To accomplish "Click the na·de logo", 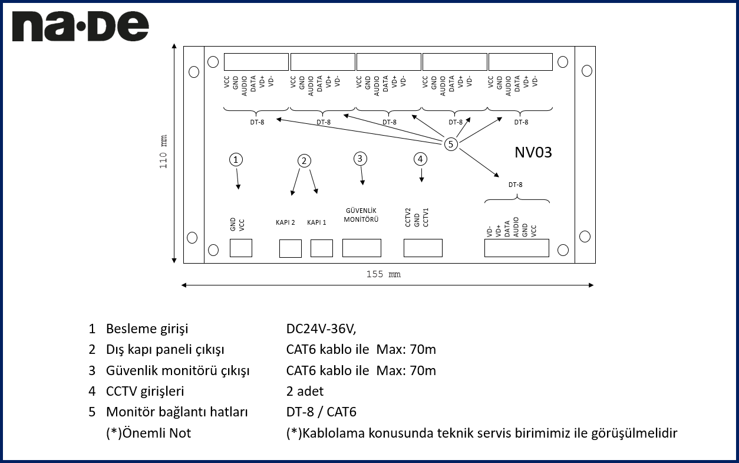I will tap(80, 27).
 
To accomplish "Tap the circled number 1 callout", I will tap(236, 159).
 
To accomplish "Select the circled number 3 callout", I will tap(360, 158).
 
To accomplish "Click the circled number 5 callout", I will tap(451, 144).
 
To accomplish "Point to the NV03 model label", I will tap(533, 152).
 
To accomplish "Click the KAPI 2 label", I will tap(285, 222).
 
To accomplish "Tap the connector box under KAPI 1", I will tap(322, 248).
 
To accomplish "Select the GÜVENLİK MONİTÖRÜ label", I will tap(361, 215).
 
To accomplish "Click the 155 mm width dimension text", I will tap(384, 274).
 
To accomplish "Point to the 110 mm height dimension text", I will tap(163, 153).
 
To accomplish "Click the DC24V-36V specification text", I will tap(321, 329).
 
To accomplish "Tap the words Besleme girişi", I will tap(147, 329).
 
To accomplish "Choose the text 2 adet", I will tap(305, 391).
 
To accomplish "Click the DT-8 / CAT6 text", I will tap(321, 412).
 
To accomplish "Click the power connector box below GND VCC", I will tap(240, 248).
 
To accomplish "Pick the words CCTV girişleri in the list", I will tap(145, 391).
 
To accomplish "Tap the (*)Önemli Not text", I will tap(149, 433).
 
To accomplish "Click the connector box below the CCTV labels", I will tap(423, 248).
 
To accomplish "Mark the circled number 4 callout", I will tap(420, 159).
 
